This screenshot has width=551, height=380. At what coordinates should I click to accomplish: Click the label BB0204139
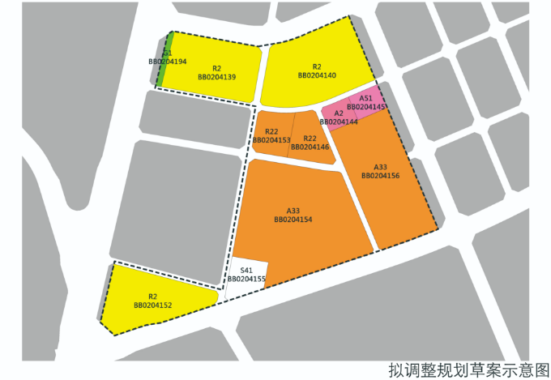(x=216, y=77)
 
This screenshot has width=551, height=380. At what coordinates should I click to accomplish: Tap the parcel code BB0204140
(x=317, y=75)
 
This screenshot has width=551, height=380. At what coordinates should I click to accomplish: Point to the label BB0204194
(x=168, y=62)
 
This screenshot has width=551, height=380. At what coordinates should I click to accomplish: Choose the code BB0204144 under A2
(x=339, y=122)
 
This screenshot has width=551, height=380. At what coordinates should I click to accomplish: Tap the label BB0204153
(x=271, y=140)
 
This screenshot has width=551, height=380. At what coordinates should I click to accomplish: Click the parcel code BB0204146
(x=310, y=147)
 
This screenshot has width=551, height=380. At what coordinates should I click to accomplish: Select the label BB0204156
(x=380, y=175)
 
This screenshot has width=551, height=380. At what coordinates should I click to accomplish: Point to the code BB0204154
(x=293, y=219)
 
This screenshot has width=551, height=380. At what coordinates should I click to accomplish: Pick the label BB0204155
(x=246, y=279)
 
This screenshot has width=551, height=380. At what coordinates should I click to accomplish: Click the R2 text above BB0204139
(x=216, y=68)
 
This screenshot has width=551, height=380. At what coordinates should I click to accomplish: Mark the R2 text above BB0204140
(x=317, y=66)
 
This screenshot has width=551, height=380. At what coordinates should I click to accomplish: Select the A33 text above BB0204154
(x=293, y=210)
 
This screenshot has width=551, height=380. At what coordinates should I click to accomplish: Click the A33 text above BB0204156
(x=380, y=166)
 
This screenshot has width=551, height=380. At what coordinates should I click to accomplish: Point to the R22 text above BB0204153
(x=271, y=131)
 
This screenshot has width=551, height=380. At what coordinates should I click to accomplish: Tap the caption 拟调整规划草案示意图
(x=468, y=369)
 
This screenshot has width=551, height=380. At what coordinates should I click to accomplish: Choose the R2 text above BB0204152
(x=152, y=296)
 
